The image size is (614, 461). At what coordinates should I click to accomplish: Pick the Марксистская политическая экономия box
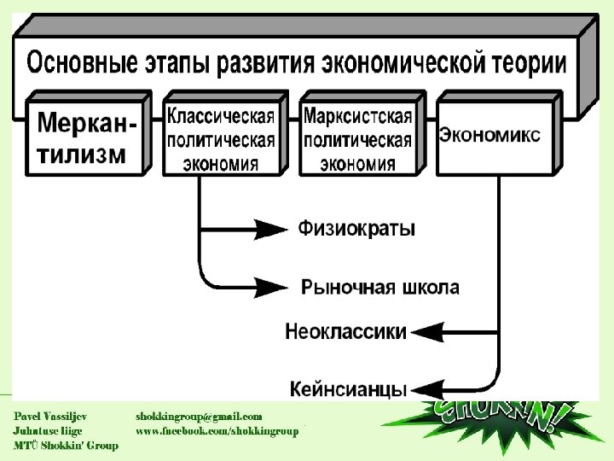tap(357, 137)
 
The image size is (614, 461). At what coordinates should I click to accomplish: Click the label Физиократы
tap(357, 229)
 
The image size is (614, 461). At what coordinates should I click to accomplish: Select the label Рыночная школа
tap(380, 287)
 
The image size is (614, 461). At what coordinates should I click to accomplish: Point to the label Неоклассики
tap(345, 331)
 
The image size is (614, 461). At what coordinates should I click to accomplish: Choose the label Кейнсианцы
tap(347, 390)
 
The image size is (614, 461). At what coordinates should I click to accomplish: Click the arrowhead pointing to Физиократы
tap(272, 229)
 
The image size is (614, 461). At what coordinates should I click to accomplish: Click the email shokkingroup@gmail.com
tap(199, 416)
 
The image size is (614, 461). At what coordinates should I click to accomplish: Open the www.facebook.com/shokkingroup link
tap(217, 431)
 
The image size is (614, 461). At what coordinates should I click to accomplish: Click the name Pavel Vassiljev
tap(49, 416)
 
